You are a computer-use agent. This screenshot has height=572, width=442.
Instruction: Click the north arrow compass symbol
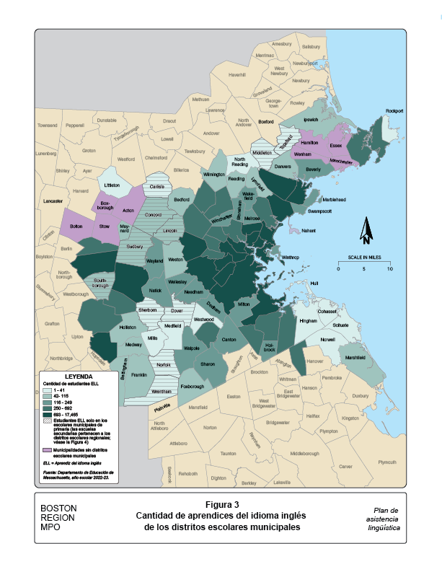(366, 232)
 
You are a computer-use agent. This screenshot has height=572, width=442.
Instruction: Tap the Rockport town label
(394, 110)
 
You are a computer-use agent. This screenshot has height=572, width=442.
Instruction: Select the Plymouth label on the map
(387, 462)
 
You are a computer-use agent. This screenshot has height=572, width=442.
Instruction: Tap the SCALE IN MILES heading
(364, 258)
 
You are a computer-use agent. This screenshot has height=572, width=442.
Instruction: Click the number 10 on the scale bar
(390, 269)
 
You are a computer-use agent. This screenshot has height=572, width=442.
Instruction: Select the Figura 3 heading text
(221, 504)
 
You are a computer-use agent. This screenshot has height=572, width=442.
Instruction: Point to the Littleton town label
(111, 185)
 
